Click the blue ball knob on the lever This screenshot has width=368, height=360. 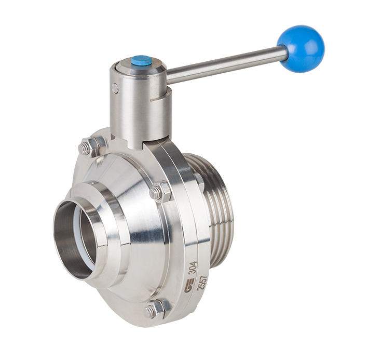(301, 49)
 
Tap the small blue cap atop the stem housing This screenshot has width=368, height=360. (142, 60)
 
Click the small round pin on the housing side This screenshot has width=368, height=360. (115, 88)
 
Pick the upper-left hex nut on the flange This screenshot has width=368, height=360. (90, 146)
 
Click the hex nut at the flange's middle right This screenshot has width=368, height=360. (161, 191)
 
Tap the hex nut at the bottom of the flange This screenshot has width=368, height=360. (156, 309)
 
